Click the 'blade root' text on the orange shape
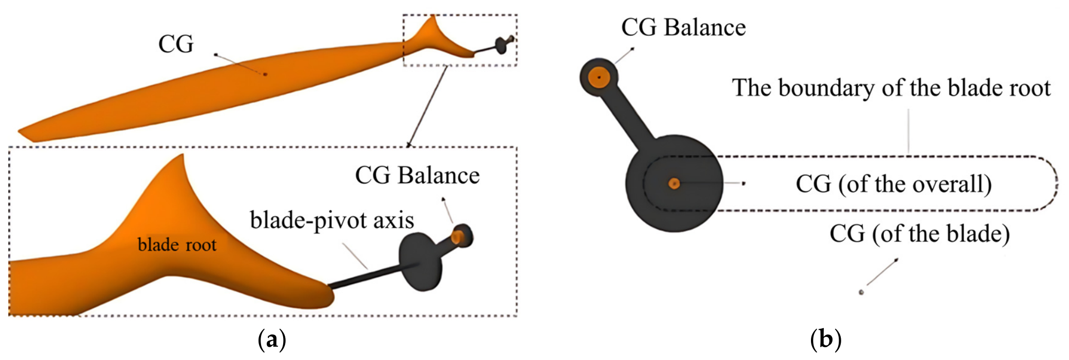[177, 245]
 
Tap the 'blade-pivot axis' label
[332, 220]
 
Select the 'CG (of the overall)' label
[894, 184]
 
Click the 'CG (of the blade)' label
[920, 233]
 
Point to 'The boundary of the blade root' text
[891, 88]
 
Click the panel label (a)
[272, 339]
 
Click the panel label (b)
[825, 339]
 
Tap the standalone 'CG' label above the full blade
[176, 44]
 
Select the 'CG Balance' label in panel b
[683, 27]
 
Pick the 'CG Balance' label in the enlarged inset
[417, 175]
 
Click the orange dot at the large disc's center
[674, 183]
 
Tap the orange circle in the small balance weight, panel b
[598, 78]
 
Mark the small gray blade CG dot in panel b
[861, 292]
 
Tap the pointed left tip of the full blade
[19, 132]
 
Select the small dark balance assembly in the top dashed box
[503, 44]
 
